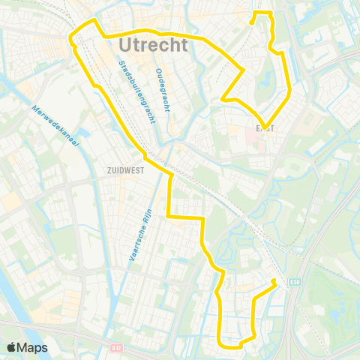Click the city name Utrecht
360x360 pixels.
coord(153,46)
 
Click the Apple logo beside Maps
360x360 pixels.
coord(13,347)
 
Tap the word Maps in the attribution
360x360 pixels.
coord(34,347)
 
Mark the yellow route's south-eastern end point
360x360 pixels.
coord(274,282)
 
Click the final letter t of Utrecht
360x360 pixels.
coord(185,46)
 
